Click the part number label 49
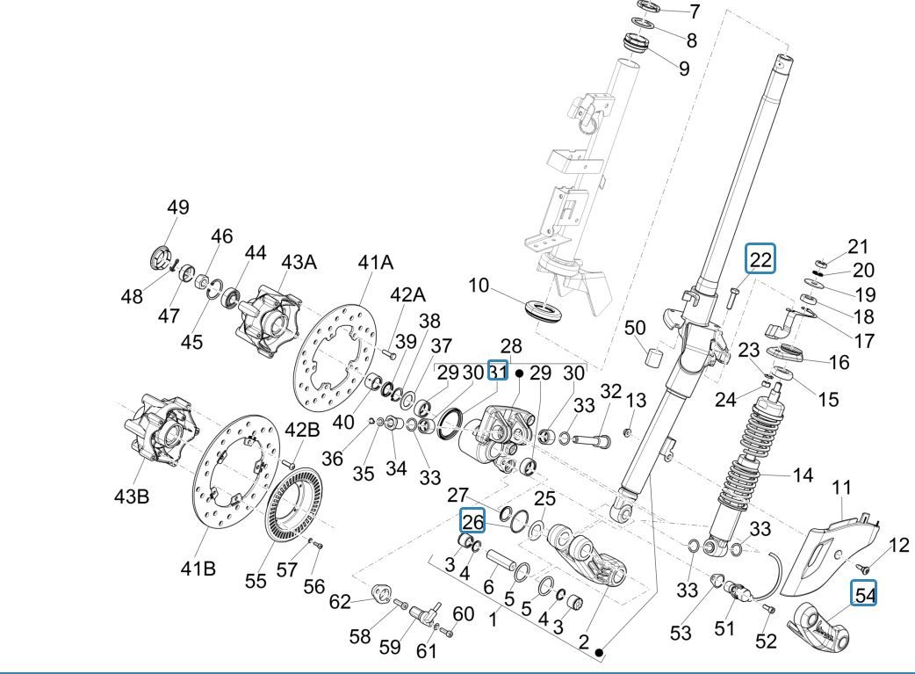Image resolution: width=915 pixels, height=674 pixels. coord(178,208)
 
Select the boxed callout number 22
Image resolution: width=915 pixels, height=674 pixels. coord(760,259)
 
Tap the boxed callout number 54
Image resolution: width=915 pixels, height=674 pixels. coord(865,595)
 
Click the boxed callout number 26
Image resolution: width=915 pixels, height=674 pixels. coord(473,522)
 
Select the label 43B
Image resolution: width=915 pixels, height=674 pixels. coord(131,496)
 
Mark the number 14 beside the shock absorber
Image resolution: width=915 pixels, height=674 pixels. coord(803,476)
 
